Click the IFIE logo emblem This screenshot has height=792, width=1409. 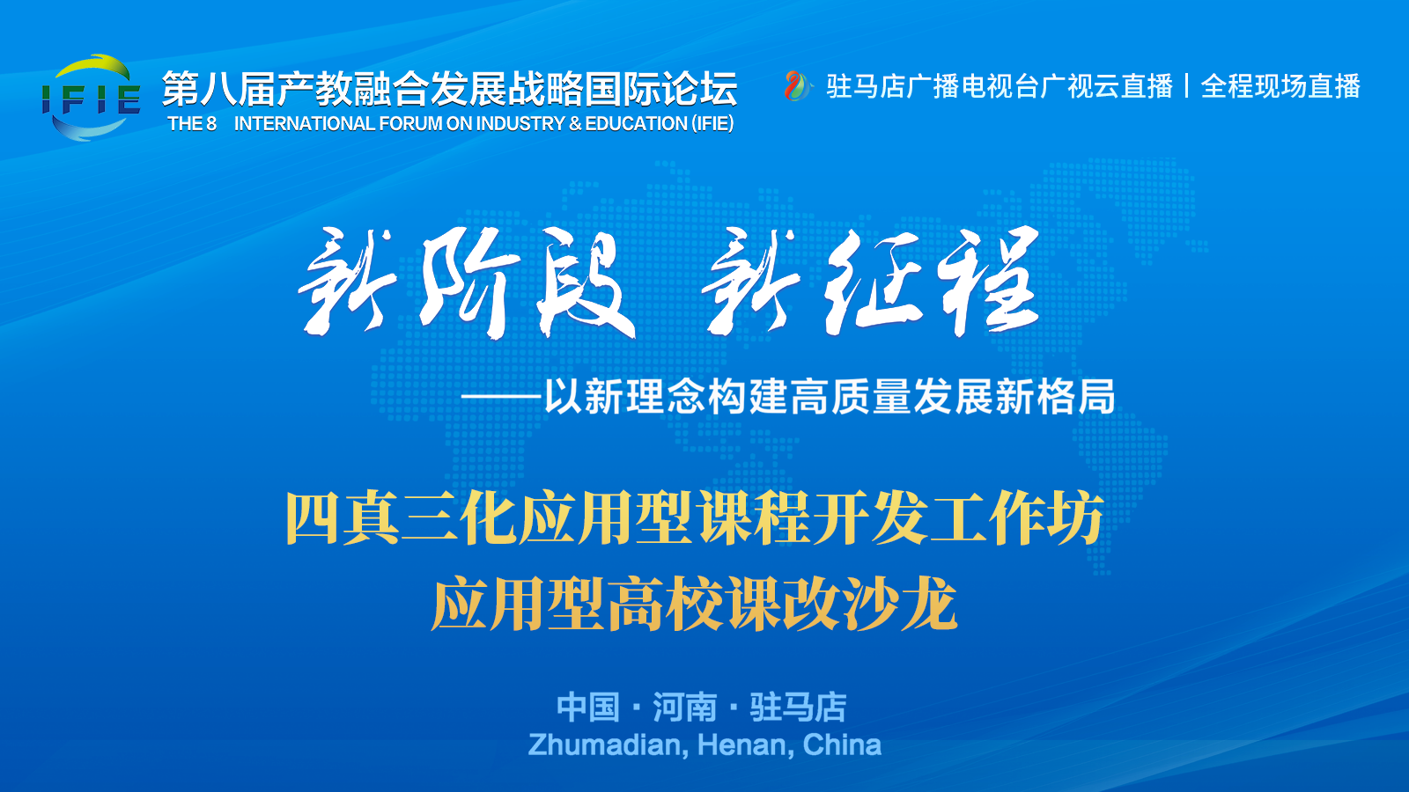[92, 98]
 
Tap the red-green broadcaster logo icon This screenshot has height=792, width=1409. [797, 86]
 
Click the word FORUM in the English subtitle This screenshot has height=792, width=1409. [409, 123]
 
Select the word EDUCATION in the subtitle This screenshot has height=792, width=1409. [636, 123]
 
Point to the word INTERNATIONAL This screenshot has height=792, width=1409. [305, 123]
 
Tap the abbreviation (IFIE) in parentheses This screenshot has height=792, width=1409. [712, 123]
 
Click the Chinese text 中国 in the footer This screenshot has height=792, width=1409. [588, 708]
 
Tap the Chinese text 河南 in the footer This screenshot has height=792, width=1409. [684, 708]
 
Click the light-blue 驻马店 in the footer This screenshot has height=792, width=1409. [798, 708]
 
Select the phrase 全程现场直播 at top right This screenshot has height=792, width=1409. [1280, 86]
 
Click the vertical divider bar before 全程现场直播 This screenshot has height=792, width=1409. [1186, 86]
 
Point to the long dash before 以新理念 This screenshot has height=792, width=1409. [501, 397]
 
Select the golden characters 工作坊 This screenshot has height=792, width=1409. [1017, 518]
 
